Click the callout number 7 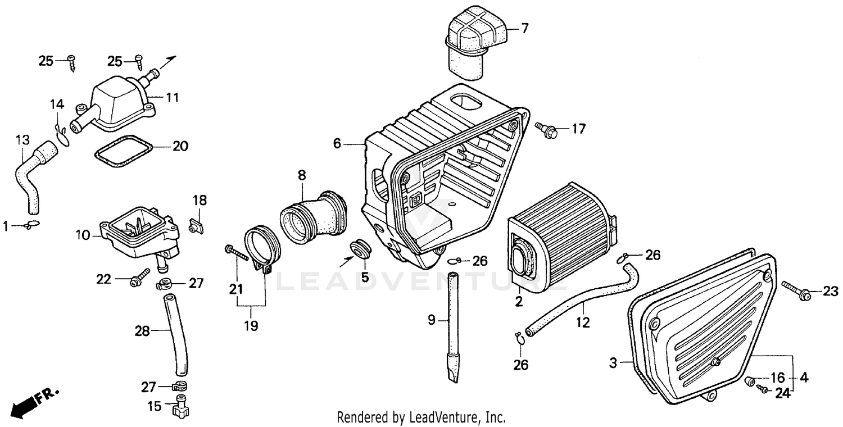pos(524,28)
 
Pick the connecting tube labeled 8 pos(312,219)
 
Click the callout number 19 pos(251,326)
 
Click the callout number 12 pos(583,322)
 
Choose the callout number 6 pos(337,144)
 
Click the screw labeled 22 pos(138,279)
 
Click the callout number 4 pos(804,378)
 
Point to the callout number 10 pos(83,234)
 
